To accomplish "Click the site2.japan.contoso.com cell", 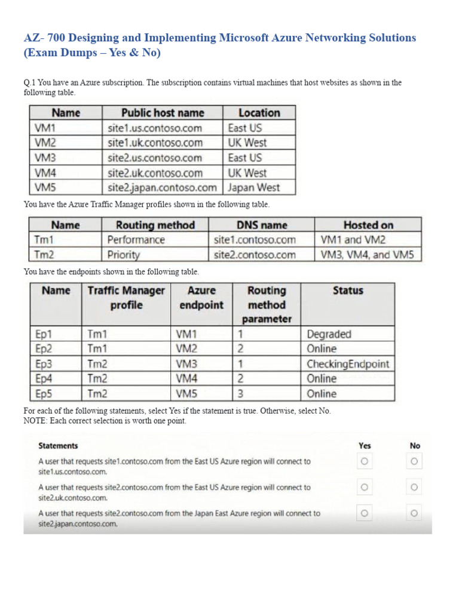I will pyautogui.click(x=163, y=188).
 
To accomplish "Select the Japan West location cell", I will pyautogui.click(x=253, y=188).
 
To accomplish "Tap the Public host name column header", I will pyautogui.click(x=163, y=112).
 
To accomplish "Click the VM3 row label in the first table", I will pyautogui.click(x=45, y=158).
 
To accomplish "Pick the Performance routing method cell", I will pyautogui.click(x=136, y=240).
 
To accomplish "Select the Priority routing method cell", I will pyautogui.click(x=124, y=255).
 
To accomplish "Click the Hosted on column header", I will pyautogui.click(x=368, y=225).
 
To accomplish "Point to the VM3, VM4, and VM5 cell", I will pyautogui.click(x=368, y=255).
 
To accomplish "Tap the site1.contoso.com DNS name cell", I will pyautogui.click(x=255, y=240).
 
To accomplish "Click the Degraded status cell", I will pyautogui.click(x=329, y=334).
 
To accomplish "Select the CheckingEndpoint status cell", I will pyautogui.click(x=348, y=364).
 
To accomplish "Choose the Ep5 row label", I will pyautogui.click(x=44, y=394).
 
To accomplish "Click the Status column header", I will pyautogui.click(x=348, y=290).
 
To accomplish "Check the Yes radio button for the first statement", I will pyautogui.click(x=365, y=461).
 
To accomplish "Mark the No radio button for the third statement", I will pyautogui.click(x=414, y=513).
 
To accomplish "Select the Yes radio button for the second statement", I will pyautogui.click(x=365, y=488).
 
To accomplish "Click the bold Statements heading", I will pyautogui.click(x=58, y=446).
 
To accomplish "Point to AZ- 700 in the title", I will pyautogui.click(x=45, y=38).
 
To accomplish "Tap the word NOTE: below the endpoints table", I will pyautogui.click(x=35, y=421).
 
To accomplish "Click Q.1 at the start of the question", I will pyautogui.click(x=30, y=82).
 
